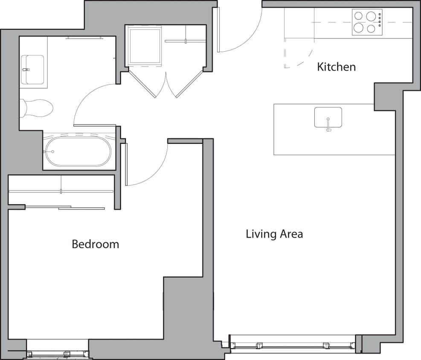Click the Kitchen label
pos(336,67)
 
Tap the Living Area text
pos(274,234)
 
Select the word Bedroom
pos(95,244)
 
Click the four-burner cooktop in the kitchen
pos(367,22)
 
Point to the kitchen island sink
pos(328,117)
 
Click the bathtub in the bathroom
pos(78,151)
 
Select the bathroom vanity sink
pos(33,70)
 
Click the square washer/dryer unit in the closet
pos(145,45)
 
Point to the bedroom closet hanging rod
pos(61,192)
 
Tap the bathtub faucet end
pos(49,151)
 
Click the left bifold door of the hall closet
pos(142,83)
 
